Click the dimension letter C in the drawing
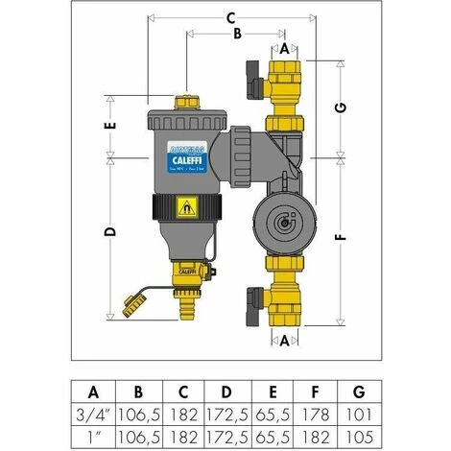pos(230,17)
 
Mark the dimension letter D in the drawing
pos(110,233)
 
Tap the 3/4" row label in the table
pos(93,414)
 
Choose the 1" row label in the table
pos(93,436)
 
